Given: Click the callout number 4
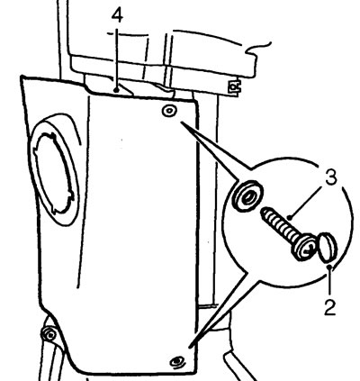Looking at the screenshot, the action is click(117, 15).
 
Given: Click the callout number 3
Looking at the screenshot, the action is click(331, 177).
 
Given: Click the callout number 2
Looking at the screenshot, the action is click(329, 307).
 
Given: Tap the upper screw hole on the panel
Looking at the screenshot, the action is click(169, 111).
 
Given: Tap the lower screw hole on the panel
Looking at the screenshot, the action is click(177, 361).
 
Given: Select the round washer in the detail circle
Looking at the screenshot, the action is click(247, 195).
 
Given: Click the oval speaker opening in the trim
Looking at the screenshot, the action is click(54, 169).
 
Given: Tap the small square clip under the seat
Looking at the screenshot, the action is click(234, 87).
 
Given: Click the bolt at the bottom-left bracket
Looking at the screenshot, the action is click(49, 334).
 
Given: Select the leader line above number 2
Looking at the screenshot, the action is click(330, 280).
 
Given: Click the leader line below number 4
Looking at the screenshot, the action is click(117, 59).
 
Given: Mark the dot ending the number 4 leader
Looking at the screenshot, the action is click(117, 89).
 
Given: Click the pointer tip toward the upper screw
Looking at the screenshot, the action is click(181, 122).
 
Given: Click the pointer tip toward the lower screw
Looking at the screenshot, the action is click(190, 347).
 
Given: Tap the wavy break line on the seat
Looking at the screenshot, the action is click(258, 48).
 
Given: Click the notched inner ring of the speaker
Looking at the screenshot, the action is click(53, 174).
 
